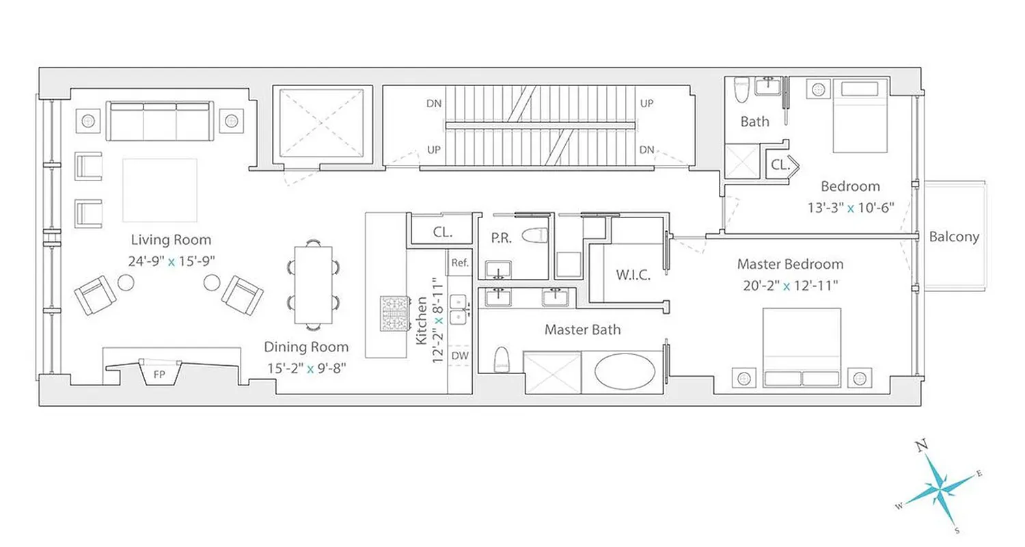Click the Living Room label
[171, 240]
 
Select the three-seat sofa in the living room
[159, 120]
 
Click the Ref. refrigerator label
[459, 263]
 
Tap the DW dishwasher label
[460, 356]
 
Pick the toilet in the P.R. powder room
[535, 236]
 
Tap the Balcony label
[954, 237]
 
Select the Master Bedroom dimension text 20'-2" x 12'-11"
[790, 286]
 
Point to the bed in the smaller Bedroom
[860, 115]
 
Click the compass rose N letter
[922, 446]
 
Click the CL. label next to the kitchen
[442, 232]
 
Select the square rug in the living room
[160, 190]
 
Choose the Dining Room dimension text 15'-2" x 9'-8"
[306, 368]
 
